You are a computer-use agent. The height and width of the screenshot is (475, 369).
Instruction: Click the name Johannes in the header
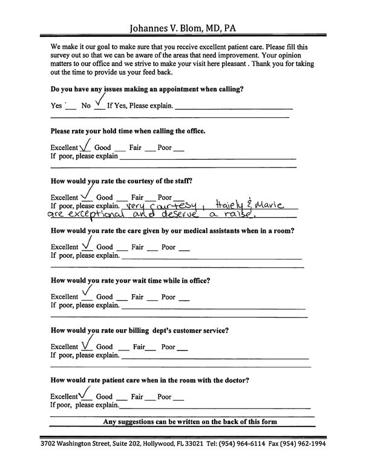coord(152,28)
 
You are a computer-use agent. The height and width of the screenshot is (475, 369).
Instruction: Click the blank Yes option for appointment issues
coord(70,106)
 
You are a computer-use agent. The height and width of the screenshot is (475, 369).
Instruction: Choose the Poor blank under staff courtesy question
coord(179,198)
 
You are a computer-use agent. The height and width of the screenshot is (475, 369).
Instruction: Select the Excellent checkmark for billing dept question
coord(88,344)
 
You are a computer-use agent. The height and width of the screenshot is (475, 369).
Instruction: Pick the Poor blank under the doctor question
coord(179,399)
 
